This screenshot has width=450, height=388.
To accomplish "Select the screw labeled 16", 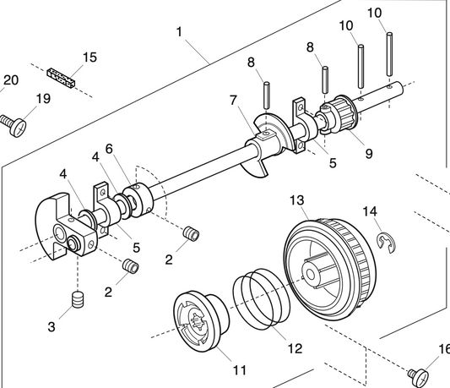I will click(420, 373).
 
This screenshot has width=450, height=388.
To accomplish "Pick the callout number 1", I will click(179, 31).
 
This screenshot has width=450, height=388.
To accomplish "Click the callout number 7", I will click(234, 100).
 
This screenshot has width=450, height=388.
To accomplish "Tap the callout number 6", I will click(108, 149).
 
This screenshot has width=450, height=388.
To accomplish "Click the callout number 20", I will click(10, 80).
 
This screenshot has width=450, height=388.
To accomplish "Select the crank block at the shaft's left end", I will click(64, 224).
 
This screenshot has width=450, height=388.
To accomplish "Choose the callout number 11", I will click(240, 369).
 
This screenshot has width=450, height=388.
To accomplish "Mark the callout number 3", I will click(52, 326).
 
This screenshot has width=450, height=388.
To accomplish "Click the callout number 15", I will click(89, 57).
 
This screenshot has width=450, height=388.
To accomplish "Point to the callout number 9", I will click(344, 155).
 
